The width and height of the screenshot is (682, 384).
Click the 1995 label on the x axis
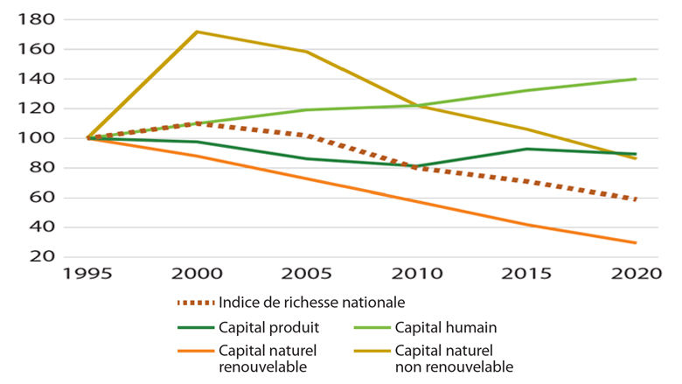click(x=87, y=274)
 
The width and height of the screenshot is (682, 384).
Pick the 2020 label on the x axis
click(x=636, y=274)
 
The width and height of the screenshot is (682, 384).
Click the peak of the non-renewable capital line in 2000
click(x=197, y=31)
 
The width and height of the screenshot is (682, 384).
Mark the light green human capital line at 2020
click(x=636, y=79)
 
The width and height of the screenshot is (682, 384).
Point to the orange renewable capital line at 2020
click(x=636, y=243)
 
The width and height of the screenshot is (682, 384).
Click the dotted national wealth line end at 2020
click(x=636, y=199)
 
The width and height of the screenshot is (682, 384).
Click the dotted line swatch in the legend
click(x=195, y=303)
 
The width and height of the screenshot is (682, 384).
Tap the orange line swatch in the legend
click(x=195, y=352)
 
